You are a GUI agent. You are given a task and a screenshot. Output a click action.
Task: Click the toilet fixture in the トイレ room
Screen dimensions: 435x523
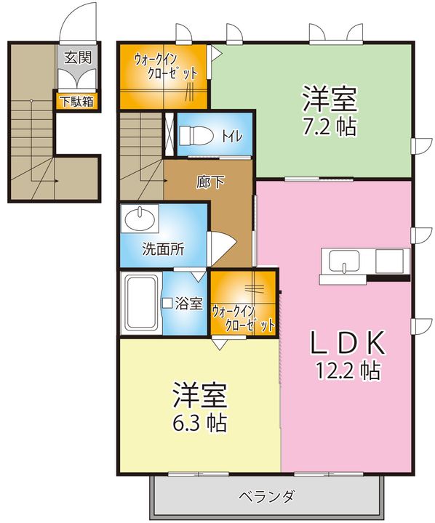click(196, 136)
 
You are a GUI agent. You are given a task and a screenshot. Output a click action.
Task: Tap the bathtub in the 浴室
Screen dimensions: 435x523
click(140, 302)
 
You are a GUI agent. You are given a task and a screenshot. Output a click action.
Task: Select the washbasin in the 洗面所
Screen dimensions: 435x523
click(140, 219)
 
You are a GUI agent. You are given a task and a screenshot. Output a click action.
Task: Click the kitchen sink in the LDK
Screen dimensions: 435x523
click(344, 261)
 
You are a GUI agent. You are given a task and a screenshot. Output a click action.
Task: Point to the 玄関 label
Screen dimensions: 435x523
click(78, 57)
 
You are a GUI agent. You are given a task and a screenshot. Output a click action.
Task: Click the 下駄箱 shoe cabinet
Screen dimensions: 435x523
click(77, 102)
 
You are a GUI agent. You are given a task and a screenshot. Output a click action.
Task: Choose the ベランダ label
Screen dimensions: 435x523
click(266, 496)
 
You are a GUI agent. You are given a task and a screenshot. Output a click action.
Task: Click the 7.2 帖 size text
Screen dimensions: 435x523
click(330, 126)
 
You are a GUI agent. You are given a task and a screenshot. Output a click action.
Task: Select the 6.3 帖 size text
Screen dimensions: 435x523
click(200, 423)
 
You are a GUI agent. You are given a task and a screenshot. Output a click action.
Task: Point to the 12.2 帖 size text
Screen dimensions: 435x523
click(348, 370)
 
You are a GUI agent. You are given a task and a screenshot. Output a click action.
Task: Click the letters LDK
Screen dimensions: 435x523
click(348, 343)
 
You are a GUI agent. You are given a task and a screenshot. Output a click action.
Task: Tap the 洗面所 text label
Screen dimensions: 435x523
click(163, 249)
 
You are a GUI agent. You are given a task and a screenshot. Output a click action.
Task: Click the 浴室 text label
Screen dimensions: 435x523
click(189, 303)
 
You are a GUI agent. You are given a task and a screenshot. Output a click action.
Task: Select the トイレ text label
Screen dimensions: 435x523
click(231, 136)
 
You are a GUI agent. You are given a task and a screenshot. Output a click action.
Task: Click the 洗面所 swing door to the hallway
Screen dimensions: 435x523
click(221, 248)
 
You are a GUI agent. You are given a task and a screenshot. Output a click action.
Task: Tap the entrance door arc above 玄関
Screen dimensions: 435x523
click(78, 20)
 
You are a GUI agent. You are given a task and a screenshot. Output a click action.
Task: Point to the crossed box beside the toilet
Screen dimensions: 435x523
click(169, 134)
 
